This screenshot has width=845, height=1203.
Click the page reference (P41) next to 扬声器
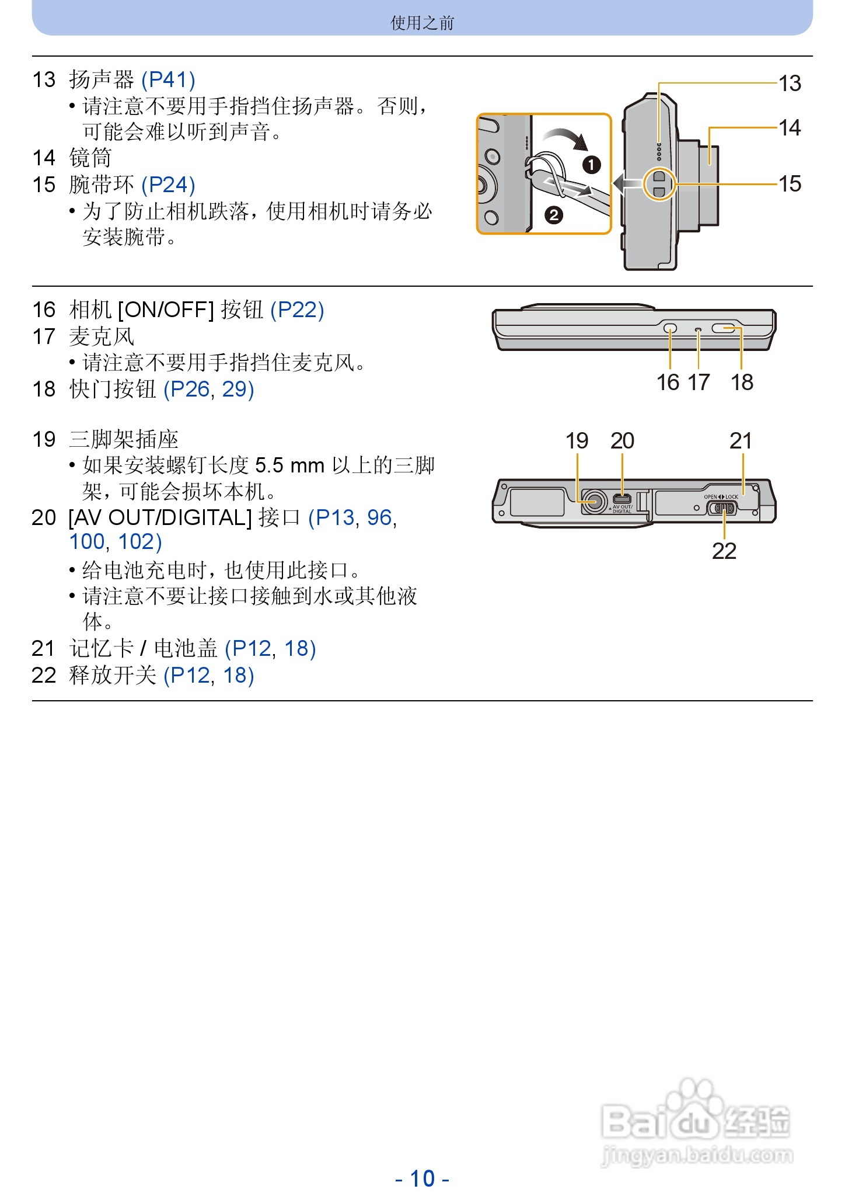click(168, 79)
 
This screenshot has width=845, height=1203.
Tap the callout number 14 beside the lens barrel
click(790, 128)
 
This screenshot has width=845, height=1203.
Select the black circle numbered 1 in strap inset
click(591, 165)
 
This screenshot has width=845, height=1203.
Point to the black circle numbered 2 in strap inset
click(553, 215)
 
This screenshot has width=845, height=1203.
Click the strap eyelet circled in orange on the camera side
click(659, 185)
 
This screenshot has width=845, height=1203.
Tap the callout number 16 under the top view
click(668, 383)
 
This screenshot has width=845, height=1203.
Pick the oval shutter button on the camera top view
click(725, 329)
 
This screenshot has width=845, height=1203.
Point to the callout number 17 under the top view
click(699, 383)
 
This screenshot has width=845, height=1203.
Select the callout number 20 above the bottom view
click(622, 441)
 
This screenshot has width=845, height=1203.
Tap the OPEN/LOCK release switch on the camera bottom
click(722, 507)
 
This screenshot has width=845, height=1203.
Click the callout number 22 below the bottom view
click(724, 551)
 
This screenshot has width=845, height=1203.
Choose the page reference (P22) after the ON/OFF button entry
click(297, 310)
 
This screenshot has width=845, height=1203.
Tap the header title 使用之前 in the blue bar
click(422, 23)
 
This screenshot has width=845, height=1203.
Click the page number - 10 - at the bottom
click(422, 1178)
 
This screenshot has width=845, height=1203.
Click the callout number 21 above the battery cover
click(741, 441)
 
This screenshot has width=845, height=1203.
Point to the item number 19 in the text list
click(44, 439)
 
